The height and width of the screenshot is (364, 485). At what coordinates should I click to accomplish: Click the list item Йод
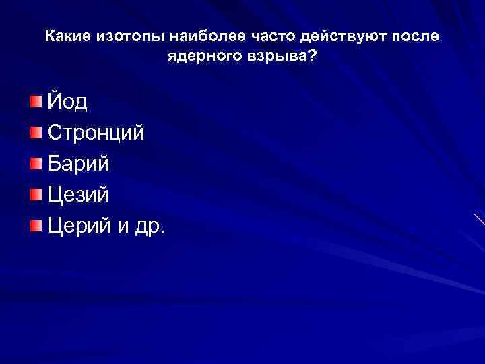click(67, 102)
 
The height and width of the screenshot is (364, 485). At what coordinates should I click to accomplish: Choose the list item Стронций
click(96, 133)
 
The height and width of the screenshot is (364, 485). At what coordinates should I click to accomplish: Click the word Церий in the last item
click(79, 226)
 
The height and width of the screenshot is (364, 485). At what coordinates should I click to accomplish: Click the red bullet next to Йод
click(35, 102)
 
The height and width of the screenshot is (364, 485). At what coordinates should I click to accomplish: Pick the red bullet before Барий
click(35, 162)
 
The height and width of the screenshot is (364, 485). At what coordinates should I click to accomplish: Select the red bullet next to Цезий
click(35, 194)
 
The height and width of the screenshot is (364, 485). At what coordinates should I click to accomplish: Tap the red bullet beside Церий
click(35, 224)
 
